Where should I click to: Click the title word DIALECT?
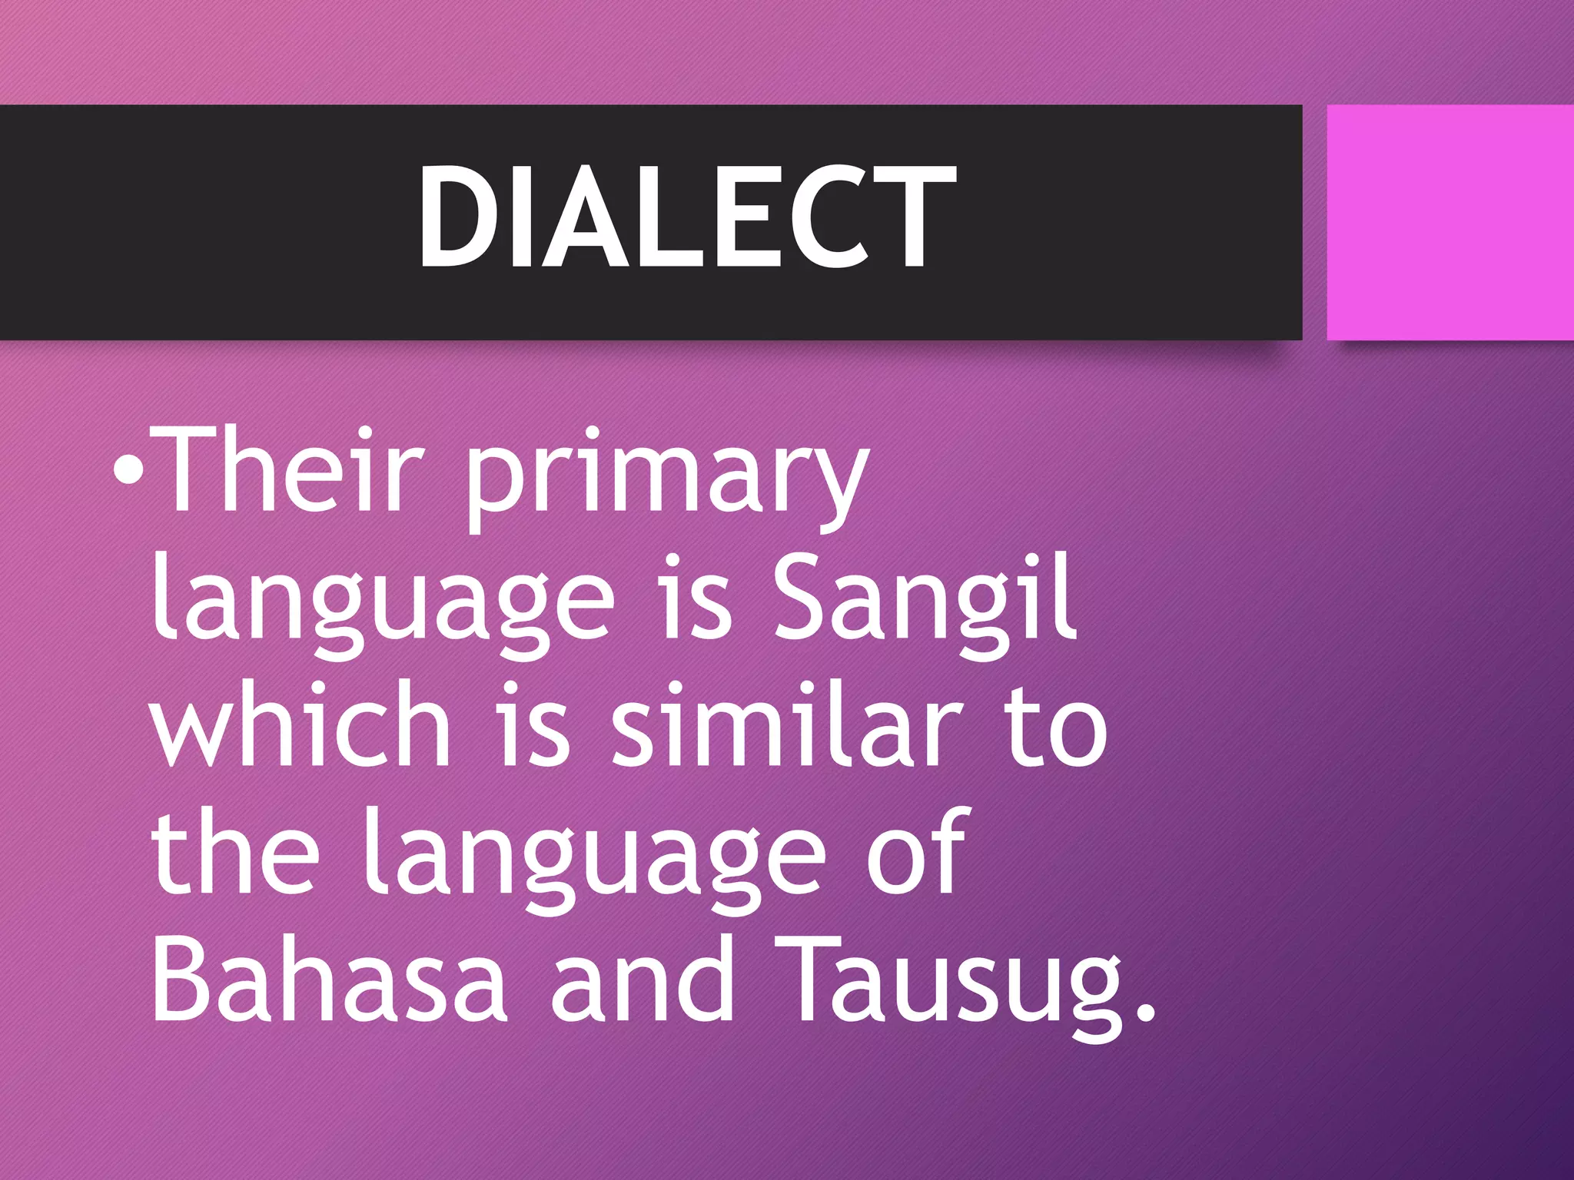tap(686, 217)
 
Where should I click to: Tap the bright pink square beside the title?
tap(1450, 222)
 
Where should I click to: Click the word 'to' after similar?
tap(1056, 727)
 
